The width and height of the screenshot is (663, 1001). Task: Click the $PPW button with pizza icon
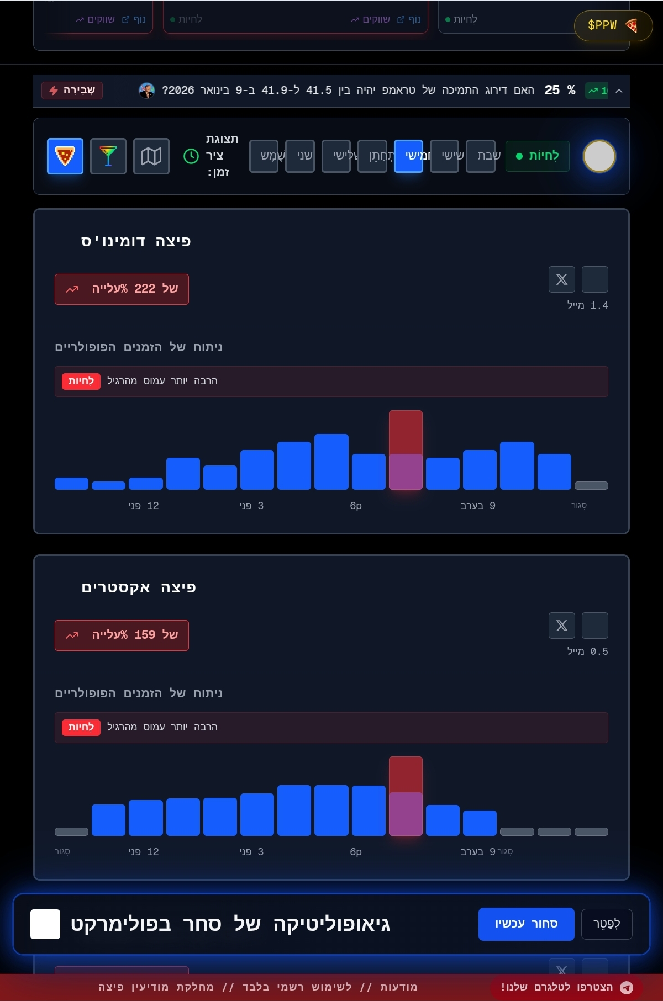pos(613,25)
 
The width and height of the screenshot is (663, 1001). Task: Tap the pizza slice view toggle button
pos(65,156)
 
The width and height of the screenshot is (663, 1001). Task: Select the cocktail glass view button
pos(108,156)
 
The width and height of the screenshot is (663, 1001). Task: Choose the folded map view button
pos(151,156)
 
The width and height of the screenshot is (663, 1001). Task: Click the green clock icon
pos(191,156)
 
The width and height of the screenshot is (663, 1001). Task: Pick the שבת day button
pos(481,156)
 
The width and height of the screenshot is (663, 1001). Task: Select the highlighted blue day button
pos(408,156)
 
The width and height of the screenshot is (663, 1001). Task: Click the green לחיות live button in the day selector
pos(537,156)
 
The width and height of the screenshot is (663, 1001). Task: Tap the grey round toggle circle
pos(599,156)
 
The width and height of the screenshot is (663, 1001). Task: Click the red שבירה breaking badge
pos(72,90)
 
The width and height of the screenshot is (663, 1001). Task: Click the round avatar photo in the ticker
pos(147,90)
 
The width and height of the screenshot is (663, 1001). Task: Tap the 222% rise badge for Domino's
pos(122,289)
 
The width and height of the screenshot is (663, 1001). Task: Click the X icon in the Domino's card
pos(562,279)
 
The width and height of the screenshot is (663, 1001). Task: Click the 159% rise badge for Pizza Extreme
pos(122,635)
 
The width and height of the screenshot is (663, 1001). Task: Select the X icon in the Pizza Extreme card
pos(562,626)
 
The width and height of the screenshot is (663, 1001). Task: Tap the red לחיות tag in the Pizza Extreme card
pos(81,727)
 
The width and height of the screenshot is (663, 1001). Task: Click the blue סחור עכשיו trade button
pos(526,924)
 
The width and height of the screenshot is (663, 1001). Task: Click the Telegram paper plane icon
pos(627,987)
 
